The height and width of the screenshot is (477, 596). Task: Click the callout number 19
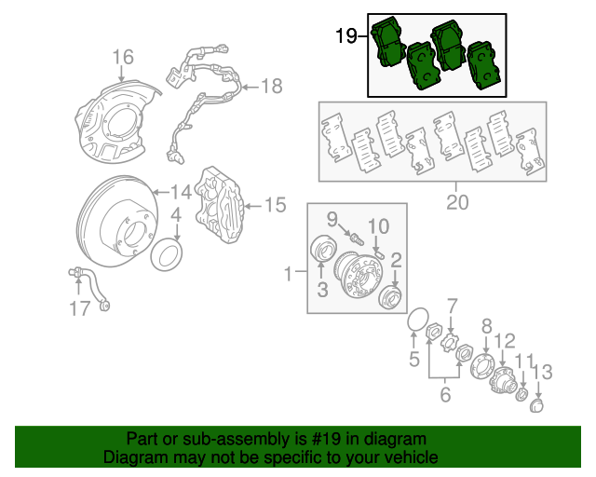(x=345, y=36)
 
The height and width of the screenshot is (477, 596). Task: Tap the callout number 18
(x=270, y=87)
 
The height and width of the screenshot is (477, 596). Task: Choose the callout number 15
(x=276, y=204)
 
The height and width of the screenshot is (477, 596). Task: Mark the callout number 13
(x=542, y=372)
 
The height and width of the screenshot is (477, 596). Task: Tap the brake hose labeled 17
(x=89, y=284)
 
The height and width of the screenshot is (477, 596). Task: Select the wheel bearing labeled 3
(x=322, y=252)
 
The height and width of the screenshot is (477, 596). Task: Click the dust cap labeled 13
(x=537, y=406)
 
